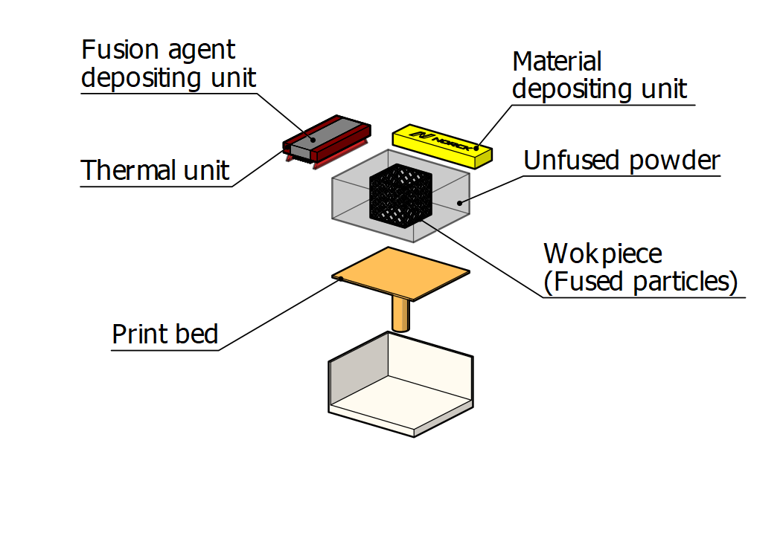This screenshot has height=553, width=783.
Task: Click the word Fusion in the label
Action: (x=118, y=51)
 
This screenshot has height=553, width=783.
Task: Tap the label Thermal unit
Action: (x=156, y=170)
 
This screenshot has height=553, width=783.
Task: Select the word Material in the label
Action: (x=557, y=62)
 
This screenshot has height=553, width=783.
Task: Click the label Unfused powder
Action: (x=622, y=160)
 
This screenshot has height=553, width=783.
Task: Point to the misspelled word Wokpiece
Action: (x=603, y=254)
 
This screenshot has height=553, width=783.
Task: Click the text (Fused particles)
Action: (x=641, y=282)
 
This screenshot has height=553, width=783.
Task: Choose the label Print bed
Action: (x=165, y=334)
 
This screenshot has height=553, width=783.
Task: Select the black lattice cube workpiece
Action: (x=400, y=194)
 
